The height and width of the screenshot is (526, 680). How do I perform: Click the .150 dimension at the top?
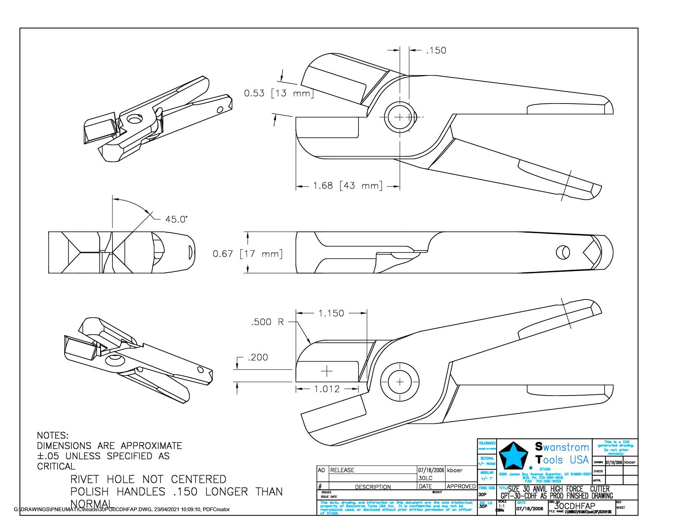436,50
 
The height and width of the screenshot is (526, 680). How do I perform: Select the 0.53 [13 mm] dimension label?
279,93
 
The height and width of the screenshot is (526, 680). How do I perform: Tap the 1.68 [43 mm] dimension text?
347,186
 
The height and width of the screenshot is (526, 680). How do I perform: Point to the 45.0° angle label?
176,219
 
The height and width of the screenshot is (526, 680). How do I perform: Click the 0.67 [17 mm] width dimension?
247,253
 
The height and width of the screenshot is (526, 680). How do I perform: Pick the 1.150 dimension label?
331,313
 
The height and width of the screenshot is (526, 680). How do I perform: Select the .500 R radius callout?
267,322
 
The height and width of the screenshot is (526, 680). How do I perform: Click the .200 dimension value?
258,357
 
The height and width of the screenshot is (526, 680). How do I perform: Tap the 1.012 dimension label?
327,389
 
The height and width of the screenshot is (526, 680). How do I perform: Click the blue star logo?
514,455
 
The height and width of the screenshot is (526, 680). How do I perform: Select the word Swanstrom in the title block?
562,447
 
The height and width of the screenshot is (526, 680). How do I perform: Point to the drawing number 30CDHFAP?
575,506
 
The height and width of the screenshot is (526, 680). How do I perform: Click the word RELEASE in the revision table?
342,470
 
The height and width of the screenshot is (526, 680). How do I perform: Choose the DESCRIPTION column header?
373,487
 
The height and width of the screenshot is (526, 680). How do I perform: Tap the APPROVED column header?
461,486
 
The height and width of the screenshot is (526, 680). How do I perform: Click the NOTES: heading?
53,435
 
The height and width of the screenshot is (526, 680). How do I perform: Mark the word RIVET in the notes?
85,479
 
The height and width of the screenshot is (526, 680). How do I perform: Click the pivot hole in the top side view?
399,117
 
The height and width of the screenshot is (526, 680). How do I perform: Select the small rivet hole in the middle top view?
563,252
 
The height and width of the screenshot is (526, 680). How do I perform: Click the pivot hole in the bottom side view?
399,382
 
